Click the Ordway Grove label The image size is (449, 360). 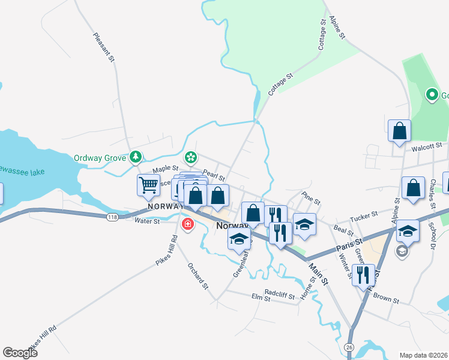click(100, 158)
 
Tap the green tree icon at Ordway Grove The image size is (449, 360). click(136, 157)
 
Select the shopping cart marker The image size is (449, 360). click(148, 185)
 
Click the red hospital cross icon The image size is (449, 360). click(187, 224)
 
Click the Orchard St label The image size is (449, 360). click(197, 276)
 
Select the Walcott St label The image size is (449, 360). click(426, 145)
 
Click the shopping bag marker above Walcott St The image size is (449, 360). click(399, 131)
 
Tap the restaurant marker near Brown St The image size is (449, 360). click(363, 275)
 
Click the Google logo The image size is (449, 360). click(20, 353)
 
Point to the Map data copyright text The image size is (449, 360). click(424, 355)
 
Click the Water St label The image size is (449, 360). click(147, 221)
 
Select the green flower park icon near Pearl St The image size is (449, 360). click(191, 157)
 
